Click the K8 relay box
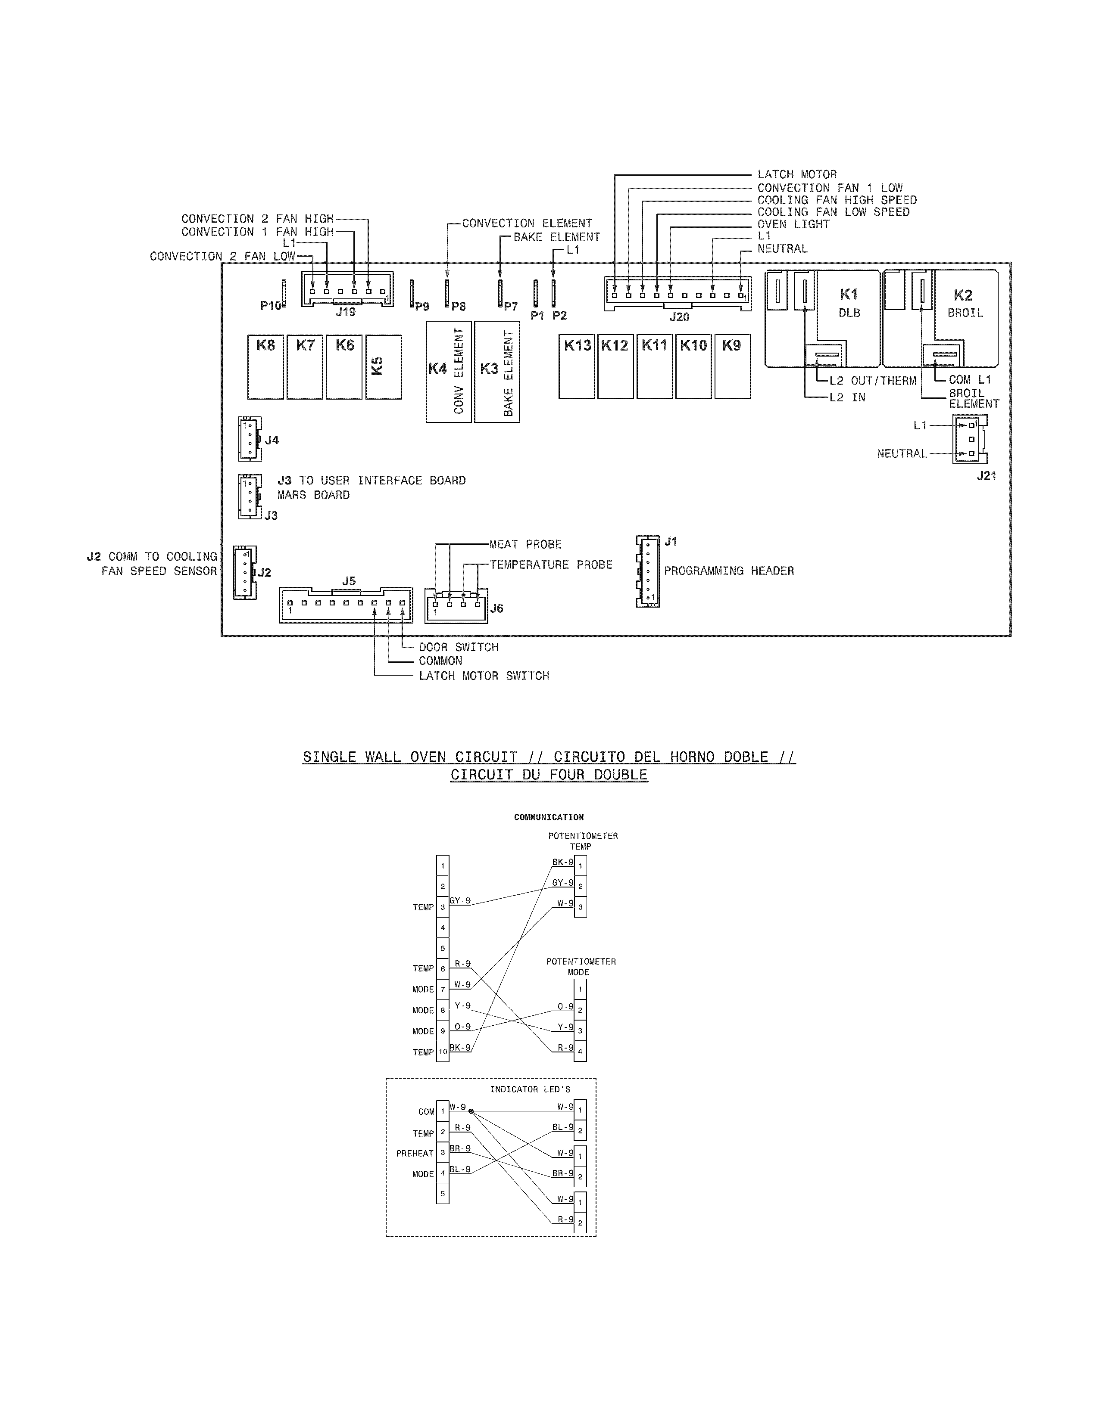(x=265, y=366)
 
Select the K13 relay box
(x=577, y=366)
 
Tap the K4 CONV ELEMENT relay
(x=449, y=372)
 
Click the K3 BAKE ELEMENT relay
(x=497, y=372)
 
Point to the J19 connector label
(x=346, y=312)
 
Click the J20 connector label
(x=679, y=317)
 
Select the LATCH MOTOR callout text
(x=797, y=174)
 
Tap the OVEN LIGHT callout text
(x=793, y=224)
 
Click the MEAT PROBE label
(x=525, y=545)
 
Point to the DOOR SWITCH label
(x=459, y=647)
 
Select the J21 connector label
(x=987, y=476)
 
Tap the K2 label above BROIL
(x=963, y=295)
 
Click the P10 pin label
(x=271, y=306)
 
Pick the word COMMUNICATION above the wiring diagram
(x=549, y=817)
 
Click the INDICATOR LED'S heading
(x=530, y=1089)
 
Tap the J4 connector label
(x=272, y=441)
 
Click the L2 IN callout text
(x=847, y=397)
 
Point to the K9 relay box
(x=732, y=366)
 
